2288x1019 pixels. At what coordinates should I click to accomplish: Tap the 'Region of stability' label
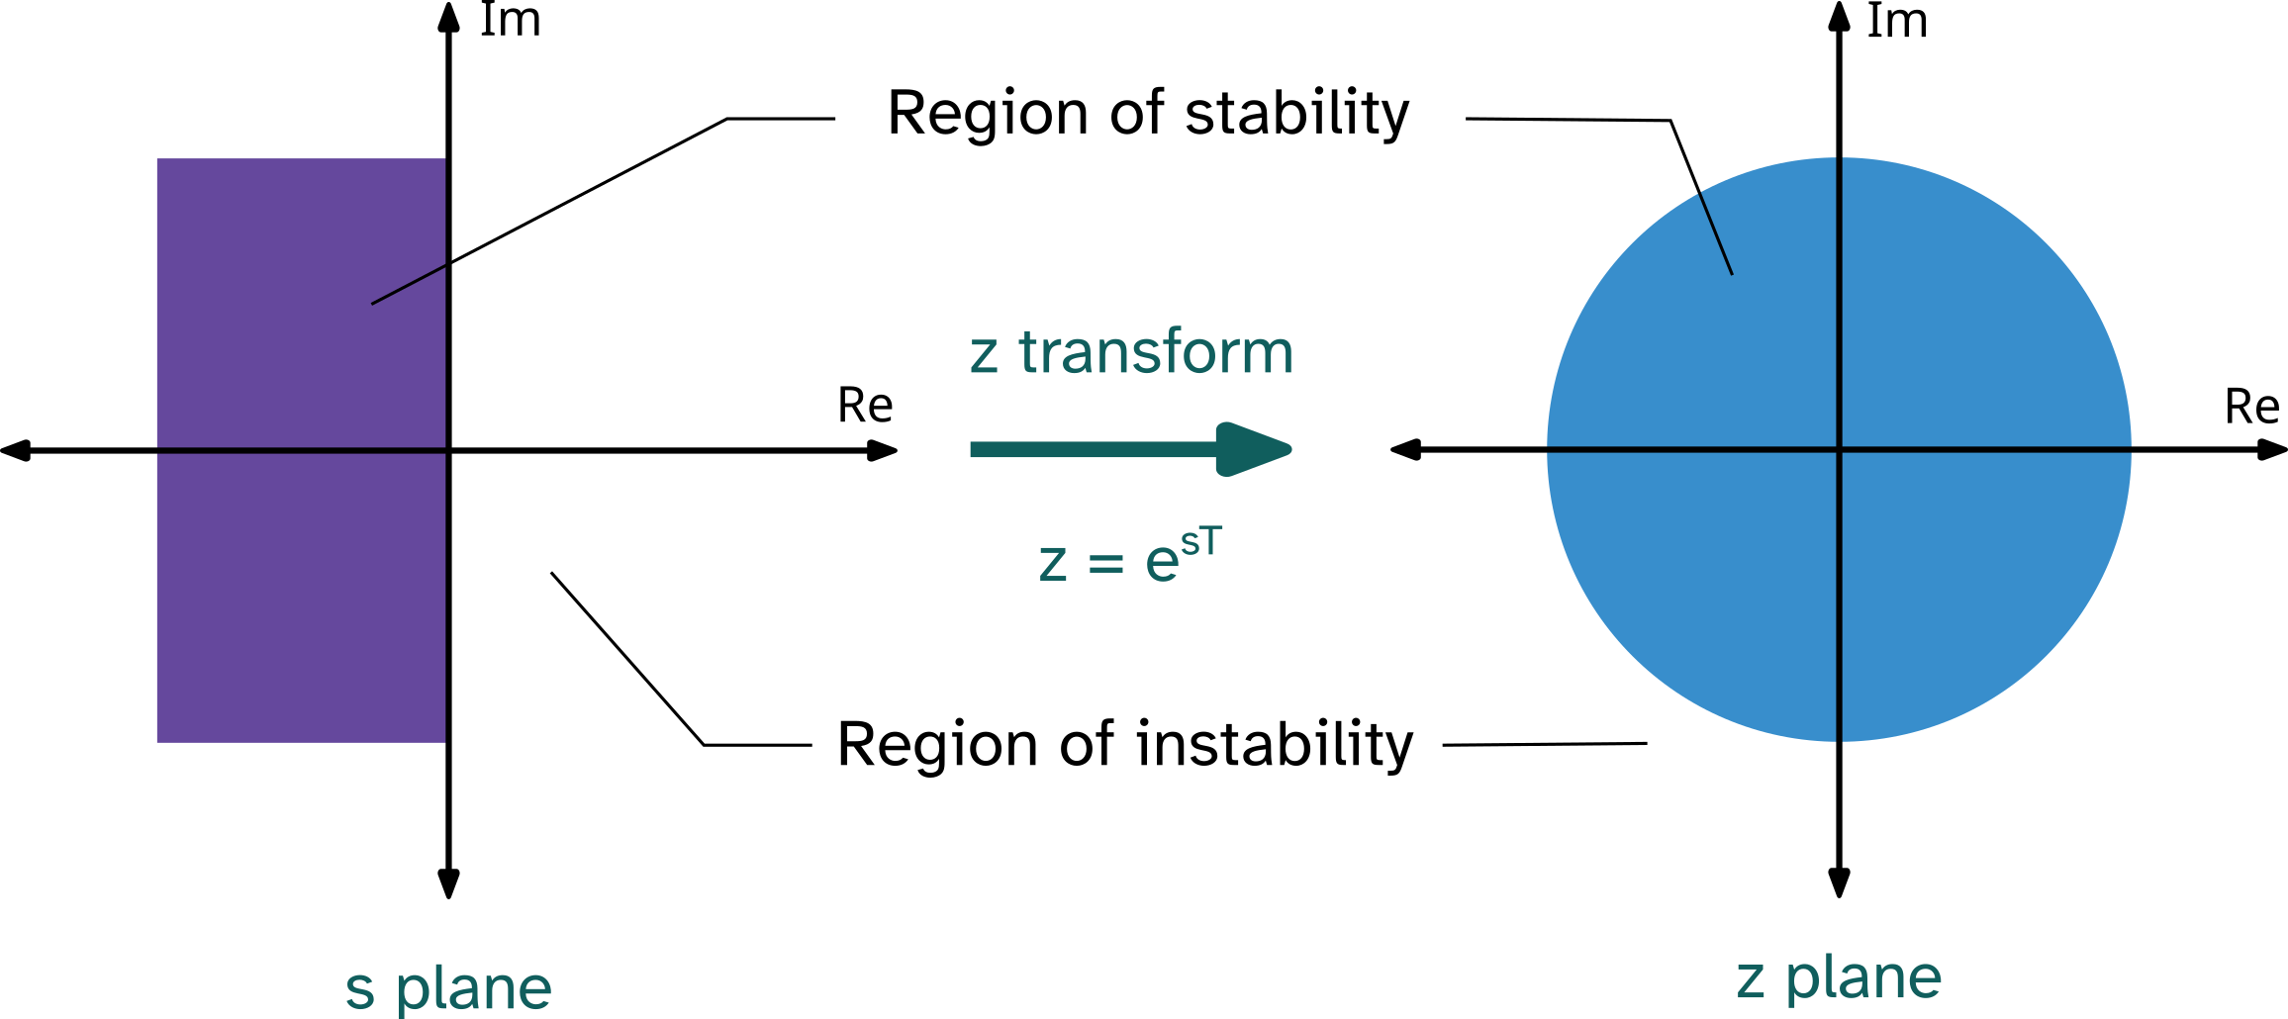tap(1148, 113)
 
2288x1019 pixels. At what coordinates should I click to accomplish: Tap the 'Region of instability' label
tap(1125, 744)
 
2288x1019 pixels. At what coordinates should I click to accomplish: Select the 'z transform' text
tap(1131, 352)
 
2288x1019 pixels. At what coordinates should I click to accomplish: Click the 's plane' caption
tap(448, 987)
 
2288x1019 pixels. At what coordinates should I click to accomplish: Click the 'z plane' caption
tap(1839, 978)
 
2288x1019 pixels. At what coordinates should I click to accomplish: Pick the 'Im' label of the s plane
tap(510, 21)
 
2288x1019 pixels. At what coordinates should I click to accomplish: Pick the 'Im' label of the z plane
tap(1897, 22)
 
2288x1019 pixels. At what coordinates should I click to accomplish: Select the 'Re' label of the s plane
tap(865, 406)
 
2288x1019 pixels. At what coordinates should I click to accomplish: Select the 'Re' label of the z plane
tap(2251, 407)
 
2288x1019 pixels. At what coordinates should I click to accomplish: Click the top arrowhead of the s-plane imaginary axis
tap(449, 15)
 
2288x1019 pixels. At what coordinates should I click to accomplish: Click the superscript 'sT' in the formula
tap(1201, 541)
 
